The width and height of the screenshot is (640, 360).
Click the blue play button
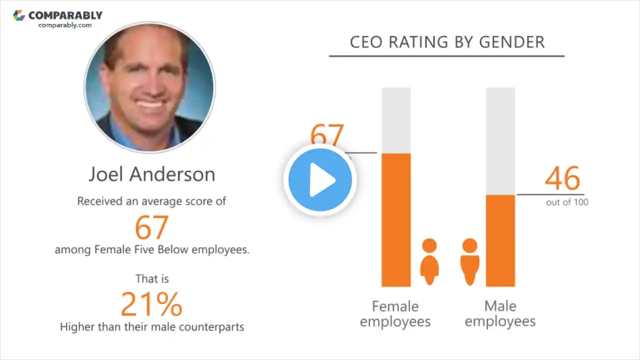tap(320, 179)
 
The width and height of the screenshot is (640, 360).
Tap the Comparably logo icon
tap(19, 15)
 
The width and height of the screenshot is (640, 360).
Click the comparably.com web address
tap(65, 25)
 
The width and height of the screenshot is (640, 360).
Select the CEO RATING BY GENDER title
tap(447, 42)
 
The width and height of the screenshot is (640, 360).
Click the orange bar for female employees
tap(396, 220)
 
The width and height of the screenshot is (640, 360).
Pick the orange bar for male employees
tap(500, 240)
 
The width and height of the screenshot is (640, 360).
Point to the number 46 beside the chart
tap(562, 178)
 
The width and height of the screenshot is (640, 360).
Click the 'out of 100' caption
tap(567, 202)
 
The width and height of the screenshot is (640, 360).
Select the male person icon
tap(469, 261)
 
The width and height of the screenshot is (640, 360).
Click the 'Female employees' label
tap(395, 313)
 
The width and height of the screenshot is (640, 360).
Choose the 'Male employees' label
tap(500, 313)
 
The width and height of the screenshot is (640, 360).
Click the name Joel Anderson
tap(152, 174)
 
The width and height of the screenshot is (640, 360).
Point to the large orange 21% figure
tap(151, 304)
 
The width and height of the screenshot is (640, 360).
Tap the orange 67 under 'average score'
tap(151, 227)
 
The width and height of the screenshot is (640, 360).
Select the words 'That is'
tap(152, 278)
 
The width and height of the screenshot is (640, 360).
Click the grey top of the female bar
tap(396, 120)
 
